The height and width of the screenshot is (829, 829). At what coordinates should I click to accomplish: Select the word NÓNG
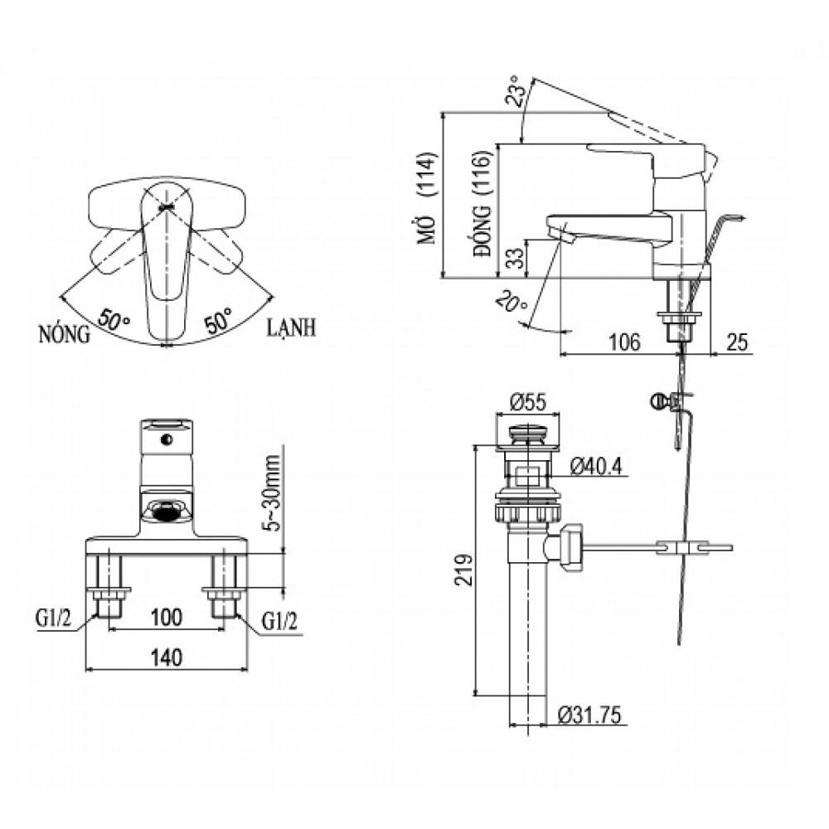[64, 335]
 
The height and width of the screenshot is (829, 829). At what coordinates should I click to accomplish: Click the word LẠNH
[290, 328]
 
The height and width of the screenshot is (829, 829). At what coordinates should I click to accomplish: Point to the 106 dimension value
[623, 341]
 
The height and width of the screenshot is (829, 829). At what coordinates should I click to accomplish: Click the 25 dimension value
[739, 341]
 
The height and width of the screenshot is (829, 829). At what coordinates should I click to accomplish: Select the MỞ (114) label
[427, 211]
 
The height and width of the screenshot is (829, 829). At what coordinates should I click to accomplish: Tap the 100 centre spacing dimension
[167, 617]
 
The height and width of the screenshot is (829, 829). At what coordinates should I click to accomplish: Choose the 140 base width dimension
[167, 657]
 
